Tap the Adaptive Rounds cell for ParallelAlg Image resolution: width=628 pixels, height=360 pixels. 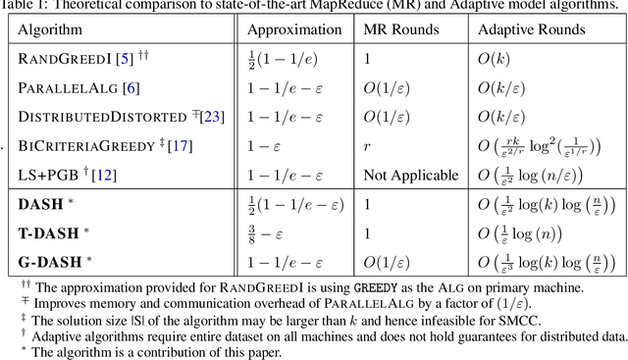[502, 87]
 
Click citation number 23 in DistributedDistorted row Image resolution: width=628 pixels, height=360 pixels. [215, 117]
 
